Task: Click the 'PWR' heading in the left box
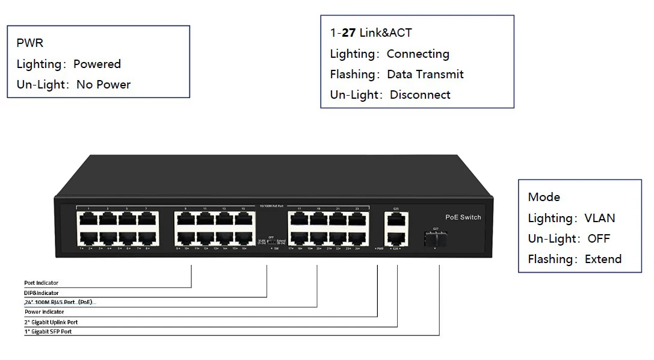tap(29, 43)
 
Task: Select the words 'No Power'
tap(103, 85)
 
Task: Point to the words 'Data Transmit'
tap(425, 75)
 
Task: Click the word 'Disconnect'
tap(420, 95)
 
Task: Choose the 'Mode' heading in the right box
tap(544, 197)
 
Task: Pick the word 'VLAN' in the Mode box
tap(599, 219)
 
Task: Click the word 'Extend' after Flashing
tap(603, 259)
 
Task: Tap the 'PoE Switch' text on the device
tap(463, 217)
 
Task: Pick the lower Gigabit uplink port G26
tap(396, 237)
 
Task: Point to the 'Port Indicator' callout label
tap(42, 283)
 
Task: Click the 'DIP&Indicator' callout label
tap(42, 293)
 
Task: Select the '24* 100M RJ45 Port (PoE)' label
tap(58, 302)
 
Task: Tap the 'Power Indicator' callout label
tap(44, 312)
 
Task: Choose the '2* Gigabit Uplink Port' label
tap(51, 322)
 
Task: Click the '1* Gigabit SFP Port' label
tap(48, 332)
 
